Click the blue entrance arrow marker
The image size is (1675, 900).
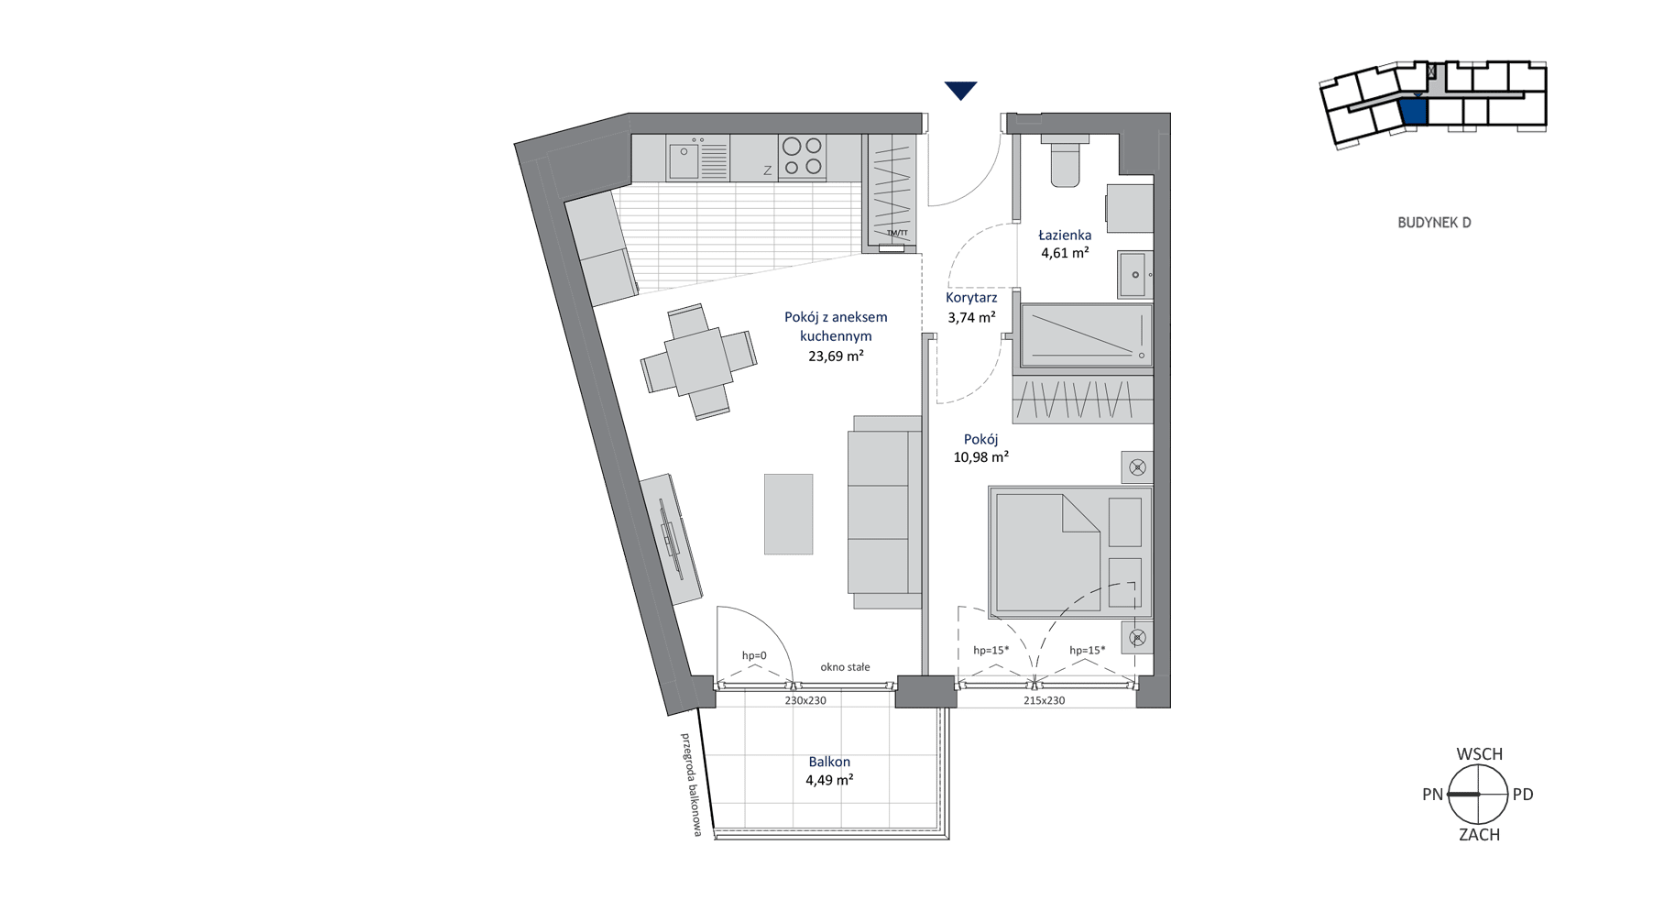point(961,90)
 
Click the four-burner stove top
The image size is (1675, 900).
point(802,157)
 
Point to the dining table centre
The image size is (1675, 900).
point(698,362)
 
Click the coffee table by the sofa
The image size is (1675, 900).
point(789,514)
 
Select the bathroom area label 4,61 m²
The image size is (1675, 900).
point(1065,254)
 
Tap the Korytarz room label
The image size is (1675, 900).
point(971,298)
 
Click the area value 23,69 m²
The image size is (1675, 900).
point(836,357)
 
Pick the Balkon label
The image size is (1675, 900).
point(829,762)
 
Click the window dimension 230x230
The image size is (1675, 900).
point(805,700)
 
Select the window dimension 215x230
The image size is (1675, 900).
point(1044,700)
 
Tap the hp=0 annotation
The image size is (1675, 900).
point(754,655)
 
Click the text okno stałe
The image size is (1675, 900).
point(845,667)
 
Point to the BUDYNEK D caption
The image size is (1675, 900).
point(1434,223)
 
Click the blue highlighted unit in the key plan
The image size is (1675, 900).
point(1414,111)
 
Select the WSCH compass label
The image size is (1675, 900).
point(1479,754)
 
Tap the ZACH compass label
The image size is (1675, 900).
point(1479,835)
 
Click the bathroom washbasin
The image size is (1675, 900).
point(1134,274)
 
